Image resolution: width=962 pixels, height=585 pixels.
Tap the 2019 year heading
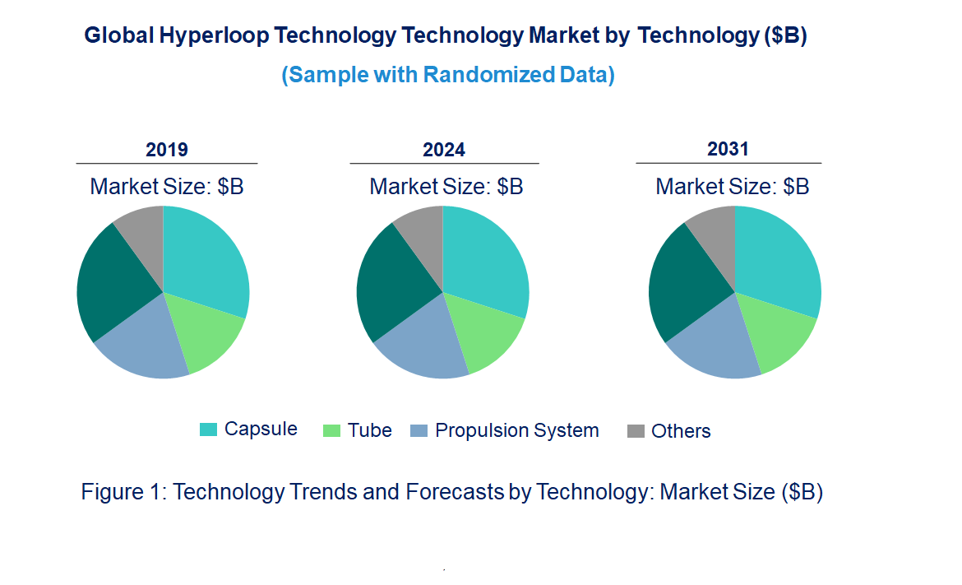167,150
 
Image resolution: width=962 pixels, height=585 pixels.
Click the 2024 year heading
444,150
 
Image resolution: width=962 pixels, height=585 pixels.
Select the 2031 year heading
728,149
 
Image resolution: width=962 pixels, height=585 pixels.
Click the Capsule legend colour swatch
209,429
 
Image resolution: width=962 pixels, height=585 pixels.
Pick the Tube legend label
369,430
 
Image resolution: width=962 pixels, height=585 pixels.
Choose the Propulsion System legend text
516,430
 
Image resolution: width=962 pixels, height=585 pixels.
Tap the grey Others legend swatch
636,431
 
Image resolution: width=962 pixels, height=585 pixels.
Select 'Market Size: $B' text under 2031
732,187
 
